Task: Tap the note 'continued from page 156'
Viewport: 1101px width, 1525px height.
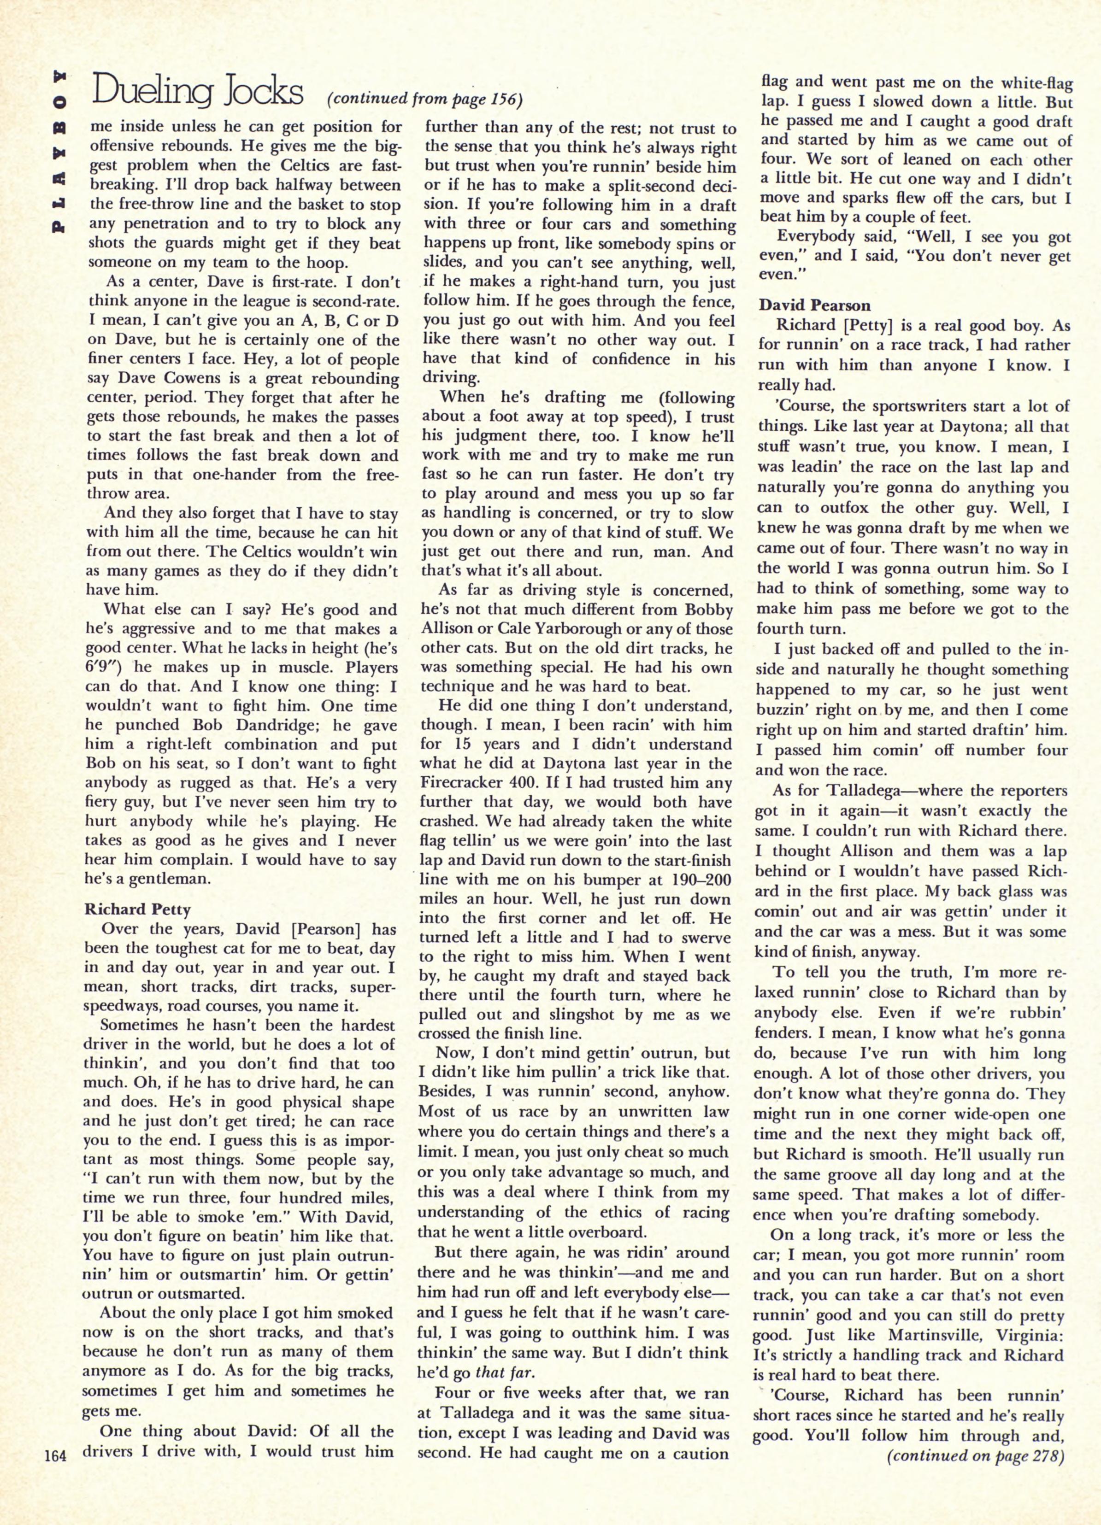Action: [424, 100]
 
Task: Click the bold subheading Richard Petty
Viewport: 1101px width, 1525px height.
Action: [138, 910]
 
